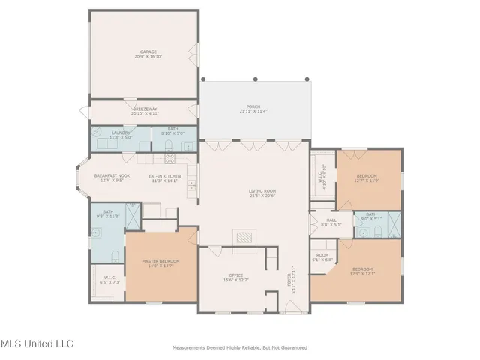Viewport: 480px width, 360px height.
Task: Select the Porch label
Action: tap(253, 107)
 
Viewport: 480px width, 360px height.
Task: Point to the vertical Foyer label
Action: tap(289, 280)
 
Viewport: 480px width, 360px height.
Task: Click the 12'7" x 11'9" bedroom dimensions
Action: tap(367, 181)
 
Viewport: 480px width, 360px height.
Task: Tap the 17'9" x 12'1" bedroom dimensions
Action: tap(363, 273)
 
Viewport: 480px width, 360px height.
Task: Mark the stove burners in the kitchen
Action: tap(169, 158)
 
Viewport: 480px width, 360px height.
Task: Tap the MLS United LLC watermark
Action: tap(37, 343)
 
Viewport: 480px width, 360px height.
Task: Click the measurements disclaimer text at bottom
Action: tap(239, 347)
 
